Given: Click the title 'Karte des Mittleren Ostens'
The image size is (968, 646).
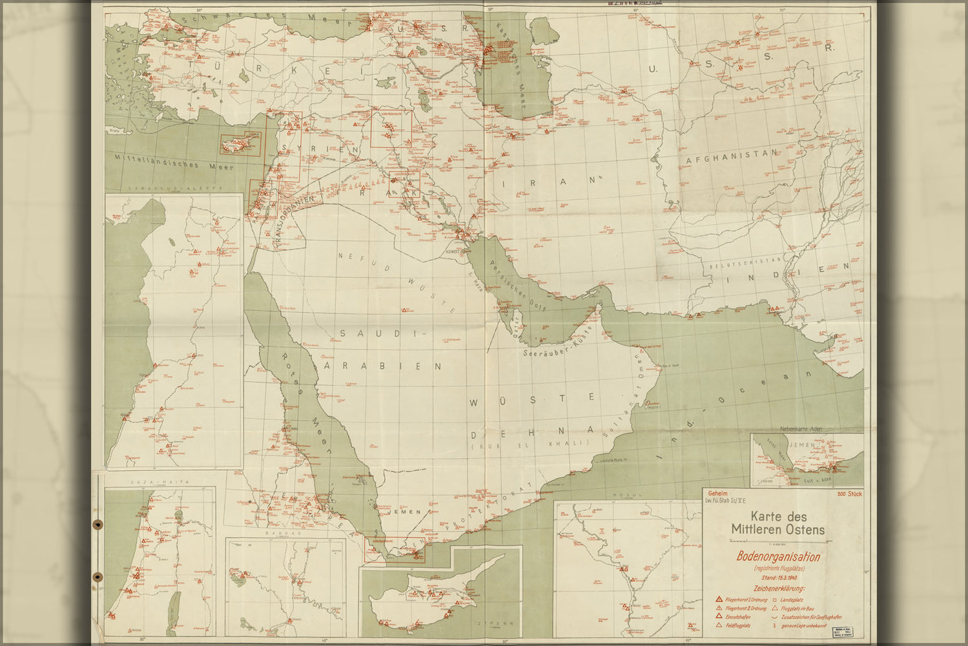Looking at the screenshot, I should tap(777, 523).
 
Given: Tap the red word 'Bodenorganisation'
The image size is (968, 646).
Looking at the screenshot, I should tap(778, 557).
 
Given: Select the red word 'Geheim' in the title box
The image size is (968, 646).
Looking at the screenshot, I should tap(718, 492).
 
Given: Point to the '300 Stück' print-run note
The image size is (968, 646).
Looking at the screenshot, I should tap(849, 494).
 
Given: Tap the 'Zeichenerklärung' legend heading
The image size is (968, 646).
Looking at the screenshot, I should tap(777, 589).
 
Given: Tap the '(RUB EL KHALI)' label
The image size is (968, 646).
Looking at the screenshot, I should tap(530, 443).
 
